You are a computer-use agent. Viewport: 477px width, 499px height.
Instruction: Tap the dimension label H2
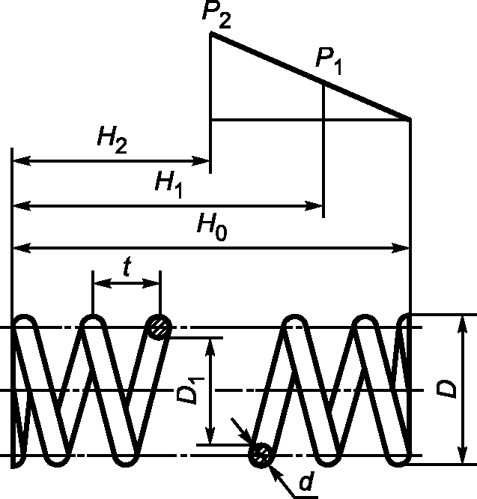112,140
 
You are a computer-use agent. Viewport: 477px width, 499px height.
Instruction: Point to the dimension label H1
169,184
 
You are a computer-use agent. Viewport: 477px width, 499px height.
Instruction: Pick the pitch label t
126,267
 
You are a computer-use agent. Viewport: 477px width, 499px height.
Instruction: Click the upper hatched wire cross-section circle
159,327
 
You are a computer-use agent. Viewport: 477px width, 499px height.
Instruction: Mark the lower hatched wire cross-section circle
262,454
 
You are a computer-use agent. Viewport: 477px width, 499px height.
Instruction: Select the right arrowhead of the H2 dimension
204,160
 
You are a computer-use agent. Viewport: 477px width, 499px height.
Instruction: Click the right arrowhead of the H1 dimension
318,204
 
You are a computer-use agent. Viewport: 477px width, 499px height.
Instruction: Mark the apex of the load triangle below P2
210,34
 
